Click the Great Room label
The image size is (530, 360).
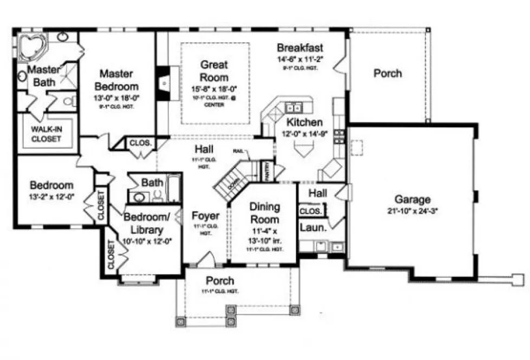coord(214,70)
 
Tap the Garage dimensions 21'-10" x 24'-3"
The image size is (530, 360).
coord(413,211)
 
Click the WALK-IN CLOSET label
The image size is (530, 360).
coord(46,134)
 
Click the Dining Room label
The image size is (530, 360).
coord(264,213)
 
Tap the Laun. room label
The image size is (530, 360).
coord(313,228)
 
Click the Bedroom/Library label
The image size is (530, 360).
coord(147,222)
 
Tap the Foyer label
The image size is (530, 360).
coord(205,216)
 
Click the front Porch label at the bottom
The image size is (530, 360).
coord(220,280)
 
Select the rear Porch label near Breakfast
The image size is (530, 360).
coord(387,73)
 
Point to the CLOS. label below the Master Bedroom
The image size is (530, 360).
coord(141,144)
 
